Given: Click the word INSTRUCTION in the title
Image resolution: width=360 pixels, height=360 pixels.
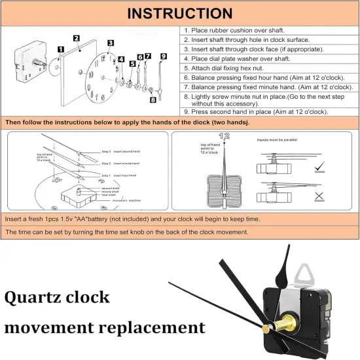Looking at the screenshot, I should pyautogui.click(x=179, y=13).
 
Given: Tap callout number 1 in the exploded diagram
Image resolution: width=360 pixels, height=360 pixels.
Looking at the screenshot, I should pyautogui.click(x=60, y=49).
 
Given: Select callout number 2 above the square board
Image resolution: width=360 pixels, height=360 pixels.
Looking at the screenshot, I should pyautogui.click(x=77, y=39).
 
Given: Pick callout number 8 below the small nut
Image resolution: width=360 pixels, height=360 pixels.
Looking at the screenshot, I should pyautogui.click(x=153, y=99).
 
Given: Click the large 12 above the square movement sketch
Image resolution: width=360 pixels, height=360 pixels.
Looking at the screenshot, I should pyautogui.click(x=226, y=136).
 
